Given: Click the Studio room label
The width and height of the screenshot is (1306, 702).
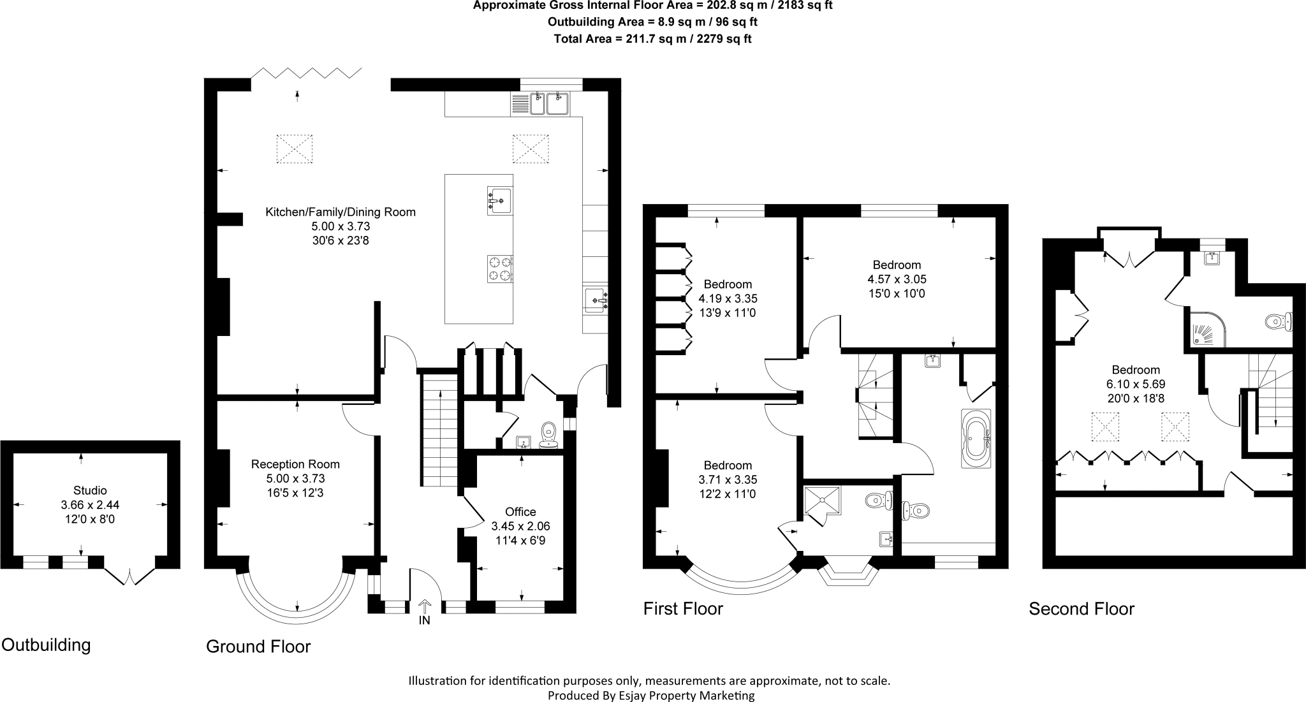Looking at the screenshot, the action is click(90, 490).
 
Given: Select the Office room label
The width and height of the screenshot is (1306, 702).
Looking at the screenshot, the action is click(520, 511).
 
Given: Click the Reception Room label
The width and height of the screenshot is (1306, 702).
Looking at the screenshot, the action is click(295, 464).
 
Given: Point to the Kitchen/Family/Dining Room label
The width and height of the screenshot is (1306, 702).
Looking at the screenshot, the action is click(341, 212).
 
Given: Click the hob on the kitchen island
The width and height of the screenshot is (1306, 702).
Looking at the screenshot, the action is click(500, 268).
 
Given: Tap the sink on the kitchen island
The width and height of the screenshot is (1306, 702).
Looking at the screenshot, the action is click(499, 201).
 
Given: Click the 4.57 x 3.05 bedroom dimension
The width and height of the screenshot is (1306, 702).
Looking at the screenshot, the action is click(897, 279).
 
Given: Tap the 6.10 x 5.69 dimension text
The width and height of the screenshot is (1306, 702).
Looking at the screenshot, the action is click(1136, 384).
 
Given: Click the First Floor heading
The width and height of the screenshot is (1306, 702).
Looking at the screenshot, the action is click(683, 609).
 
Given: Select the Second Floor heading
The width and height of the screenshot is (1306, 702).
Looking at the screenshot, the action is click(1082, 609).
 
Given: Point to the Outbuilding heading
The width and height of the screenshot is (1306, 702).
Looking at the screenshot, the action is click(46, 645).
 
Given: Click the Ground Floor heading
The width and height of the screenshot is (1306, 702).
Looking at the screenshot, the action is click(258, 647).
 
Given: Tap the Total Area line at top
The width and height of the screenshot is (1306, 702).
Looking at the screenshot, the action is click(652, 38).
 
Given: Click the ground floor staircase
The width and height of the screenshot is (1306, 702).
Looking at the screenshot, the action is click(439, 431).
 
